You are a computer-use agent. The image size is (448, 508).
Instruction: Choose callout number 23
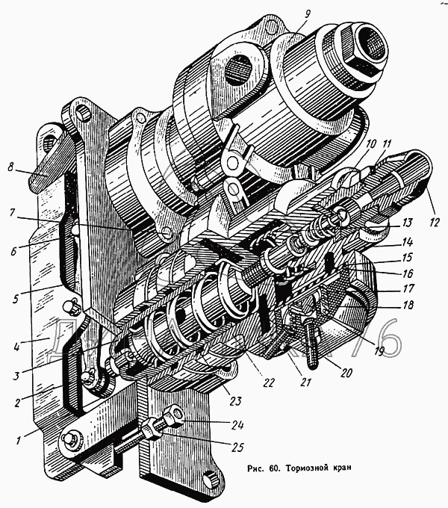coord(235,401)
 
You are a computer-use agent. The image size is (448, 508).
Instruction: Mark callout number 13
coord(407,223)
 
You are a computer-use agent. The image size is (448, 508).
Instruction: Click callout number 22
coord(270,383)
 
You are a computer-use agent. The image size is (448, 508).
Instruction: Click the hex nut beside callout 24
coord(175,413)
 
